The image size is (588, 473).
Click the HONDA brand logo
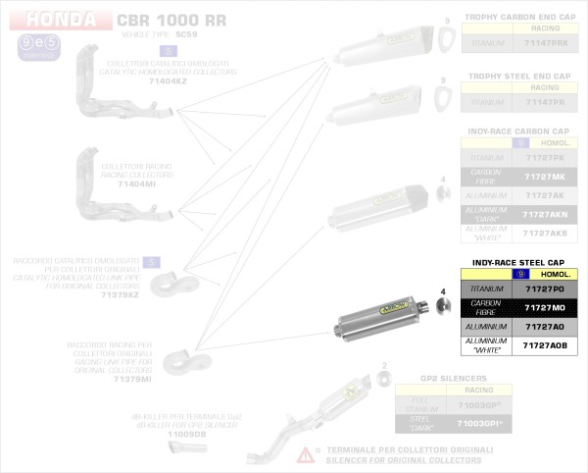tap(61, 20)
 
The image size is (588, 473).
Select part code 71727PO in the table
tap(545, 289)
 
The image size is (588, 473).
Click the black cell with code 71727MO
tap(545, 308)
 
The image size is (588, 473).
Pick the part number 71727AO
tap(545, 327)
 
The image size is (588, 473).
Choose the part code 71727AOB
tap(545, 345)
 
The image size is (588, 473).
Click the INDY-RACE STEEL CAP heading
tap(518, 263)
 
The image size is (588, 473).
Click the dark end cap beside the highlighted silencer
tap(441, 308)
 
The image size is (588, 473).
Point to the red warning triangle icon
tap(307, 453)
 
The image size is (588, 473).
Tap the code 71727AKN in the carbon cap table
tap(545, 214)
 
